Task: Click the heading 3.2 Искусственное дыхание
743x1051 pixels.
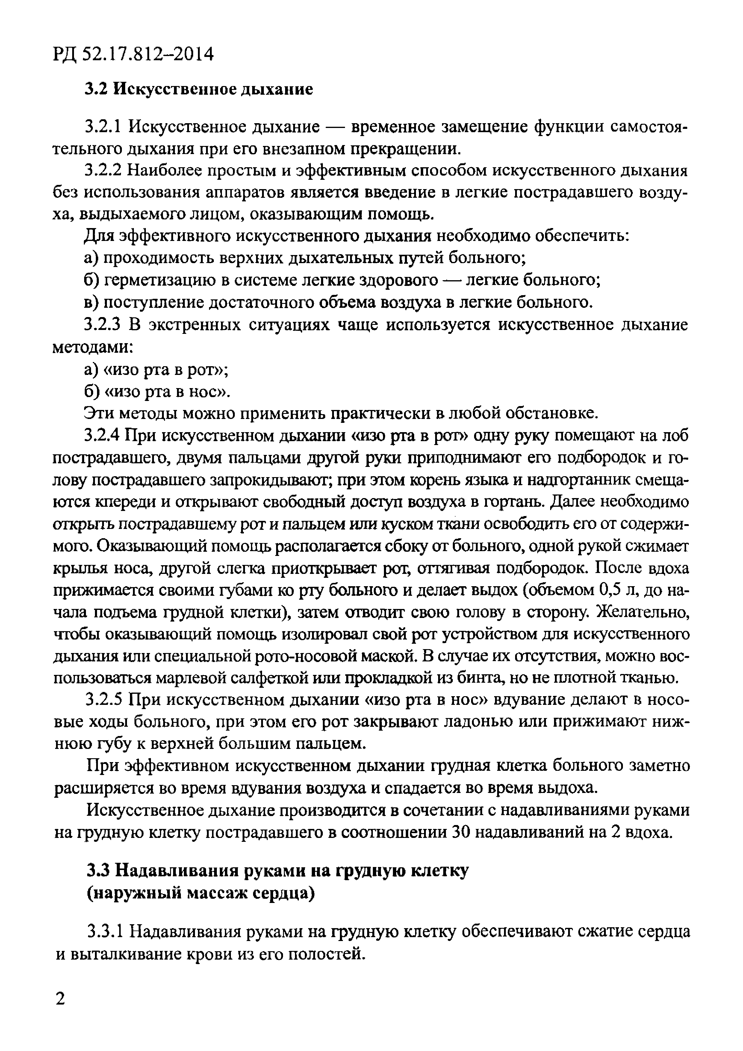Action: [x=199, y=88]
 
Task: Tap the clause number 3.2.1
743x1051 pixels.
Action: [x=103, y=126]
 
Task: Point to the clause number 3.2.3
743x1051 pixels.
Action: [x=103, y=325]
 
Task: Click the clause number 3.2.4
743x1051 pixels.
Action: [x=103, y=435]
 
